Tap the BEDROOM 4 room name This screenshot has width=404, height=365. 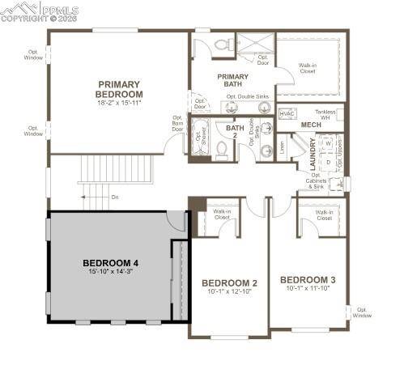(112, 263)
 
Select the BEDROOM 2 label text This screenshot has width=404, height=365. (231, 282)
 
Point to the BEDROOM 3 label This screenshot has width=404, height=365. (307, 280)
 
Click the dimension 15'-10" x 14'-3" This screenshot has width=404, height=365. (112, 273)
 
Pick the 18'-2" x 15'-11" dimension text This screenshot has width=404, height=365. (119, 103)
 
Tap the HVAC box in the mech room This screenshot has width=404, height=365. (287, 114)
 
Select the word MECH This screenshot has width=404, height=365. (311, 125)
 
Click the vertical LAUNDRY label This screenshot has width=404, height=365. (313, 154)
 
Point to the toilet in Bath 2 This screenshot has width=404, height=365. (221, 150)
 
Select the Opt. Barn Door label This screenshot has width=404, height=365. (177, 124)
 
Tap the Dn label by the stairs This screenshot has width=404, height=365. (114, 197)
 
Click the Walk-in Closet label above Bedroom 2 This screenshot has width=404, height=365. (222, 214)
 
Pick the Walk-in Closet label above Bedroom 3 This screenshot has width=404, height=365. (324, 216)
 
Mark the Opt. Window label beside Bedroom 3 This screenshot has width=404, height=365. (362, 312)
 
